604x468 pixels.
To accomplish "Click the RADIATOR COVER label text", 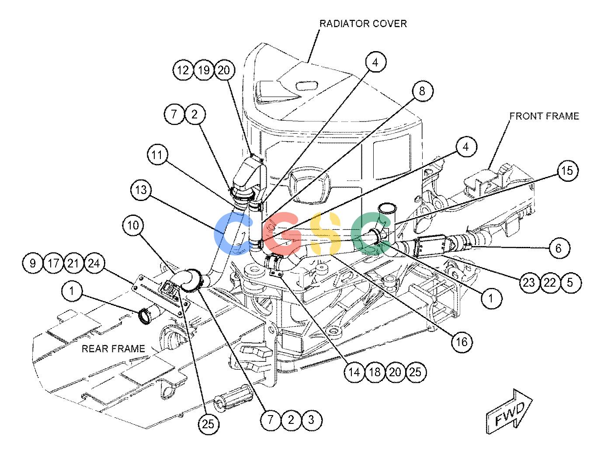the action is tap(363, 24).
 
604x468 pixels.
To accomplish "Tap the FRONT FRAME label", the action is tap(544, 116).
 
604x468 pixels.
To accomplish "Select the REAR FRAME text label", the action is tap(113, 349).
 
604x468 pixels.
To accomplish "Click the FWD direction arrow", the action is tap(509, 411).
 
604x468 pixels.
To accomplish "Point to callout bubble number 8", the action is tap(422, 91).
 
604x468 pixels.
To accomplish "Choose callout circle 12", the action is tap(183, 70).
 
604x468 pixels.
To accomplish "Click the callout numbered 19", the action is tap(204, 70).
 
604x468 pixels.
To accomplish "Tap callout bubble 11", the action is tap(157, 155).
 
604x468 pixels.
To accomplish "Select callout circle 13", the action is tap(141, 190).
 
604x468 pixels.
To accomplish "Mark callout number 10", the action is tap(133, 225).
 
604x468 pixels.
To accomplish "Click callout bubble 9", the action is tap(33, 263).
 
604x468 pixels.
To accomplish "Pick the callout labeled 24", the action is tap(94, 263).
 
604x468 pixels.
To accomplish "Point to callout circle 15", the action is tap(567, 170).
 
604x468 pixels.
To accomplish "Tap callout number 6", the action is tap(559, 248).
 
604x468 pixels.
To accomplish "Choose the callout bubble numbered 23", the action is tap(529, 283).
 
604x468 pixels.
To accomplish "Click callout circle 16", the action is tap(462, 342).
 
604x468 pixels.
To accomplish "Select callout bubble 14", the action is tap(354, 372).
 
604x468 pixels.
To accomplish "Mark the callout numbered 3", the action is tap(311, 420).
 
